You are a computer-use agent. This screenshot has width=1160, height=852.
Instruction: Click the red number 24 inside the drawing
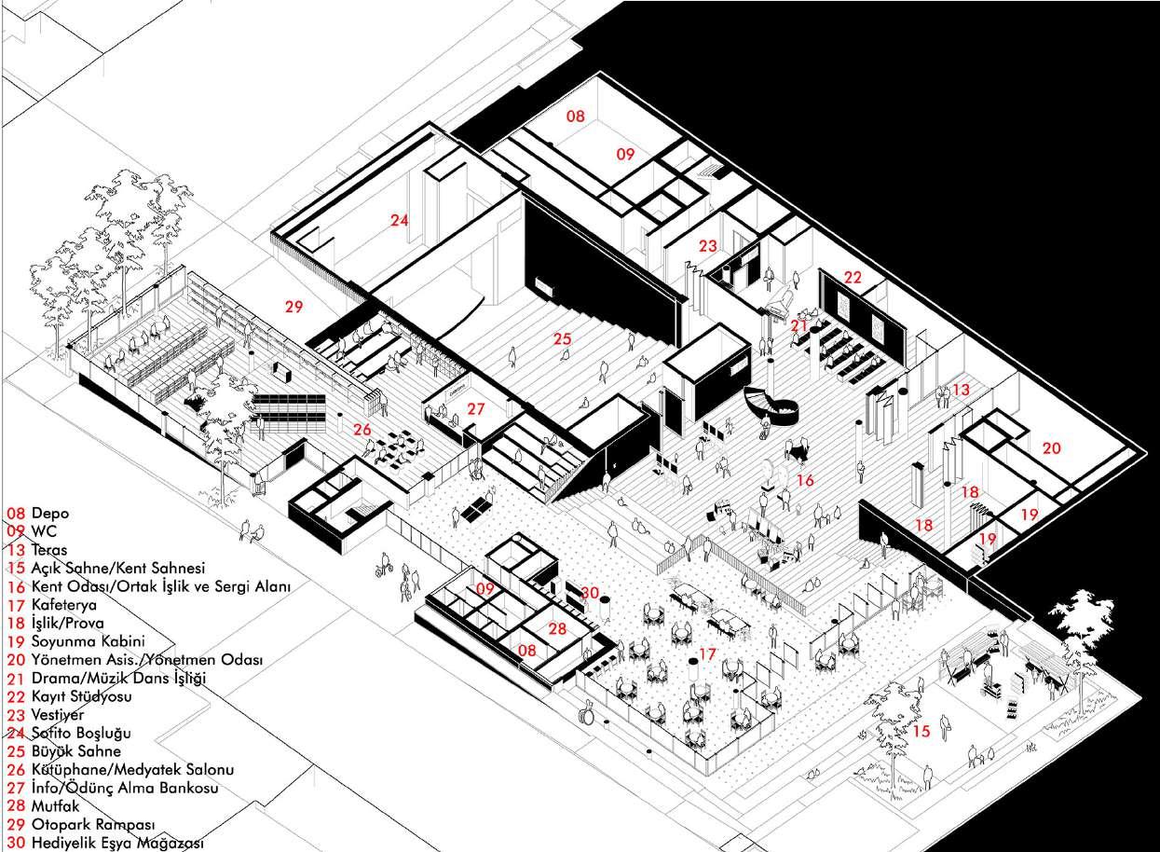pyautogui.click(x=400, y=221)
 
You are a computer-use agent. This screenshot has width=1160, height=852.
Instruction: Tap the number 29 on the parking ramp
pyautogui.click(x=294, y=306)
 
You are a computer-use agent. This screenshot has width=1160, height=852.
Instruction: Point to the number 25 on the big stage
pyautogui.click(x=561, y=339)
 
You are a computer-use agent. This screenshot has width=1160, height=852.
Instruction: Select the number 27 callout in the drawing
pyautogui.click(x=476, y=408)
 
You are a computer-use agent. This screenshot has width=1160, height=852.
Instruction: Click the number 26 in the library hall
pyautogui.click(x=362, y=430)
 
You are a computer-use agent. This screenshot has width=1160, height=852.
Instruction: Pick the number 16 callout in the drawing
pyautogui.click(x=805, y=480)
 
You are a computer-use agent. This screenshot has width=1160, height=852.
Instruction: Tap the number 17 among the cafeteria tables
pyautogui.click(x=707, y=654)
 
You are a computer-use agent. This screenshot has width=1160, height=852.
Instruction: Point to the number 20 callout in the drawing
pyautogui.click(x=1051, y=448)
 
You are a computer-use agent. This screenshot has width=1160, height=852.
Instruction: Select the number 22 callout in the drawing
pyautogui.click(x=853, y=278)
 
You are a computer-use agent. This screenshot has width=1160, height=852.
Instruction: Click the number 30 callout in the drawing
pyautogui.click(x=590, y=593)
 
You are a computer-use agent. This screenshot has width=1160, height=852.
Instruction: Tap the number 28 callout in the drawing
pyautogui.click(x=557, y=629)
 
